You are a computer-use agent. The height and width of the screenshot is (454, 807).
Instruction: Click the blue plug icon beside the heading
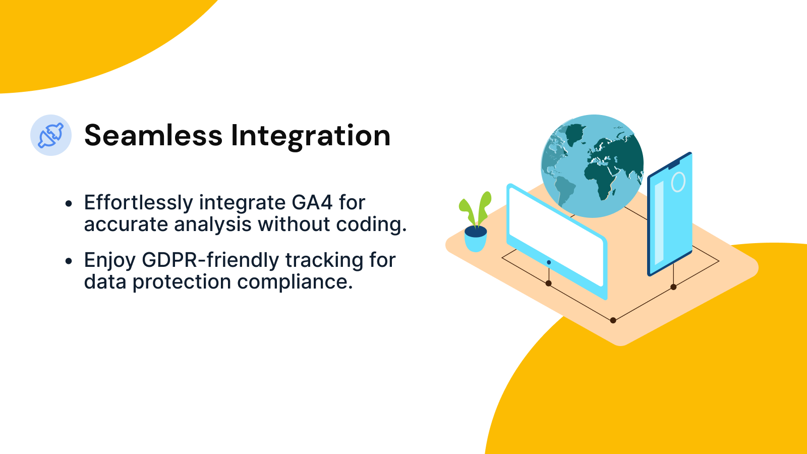click(x=51, y=135)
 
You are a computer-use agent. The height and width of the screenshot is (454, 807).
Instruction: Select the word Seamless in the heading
click(x=153, y=136)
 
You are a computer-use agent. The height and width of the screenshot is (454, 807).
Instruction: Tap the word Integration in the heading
click(x=310, y=136)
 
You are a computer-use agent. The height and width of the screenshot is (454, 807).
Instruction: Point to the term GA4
click(x=312, y=203)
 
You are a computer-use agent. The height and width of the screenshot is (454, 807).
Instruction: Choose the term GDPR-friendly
click(x=210, y=260)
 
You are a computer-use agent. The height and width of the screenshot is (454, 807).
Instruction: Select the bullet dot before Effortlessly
click(x=69, y=204)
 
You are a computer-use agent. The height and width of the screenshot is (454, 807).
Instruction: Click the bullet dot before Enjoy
click(x=69, y=261)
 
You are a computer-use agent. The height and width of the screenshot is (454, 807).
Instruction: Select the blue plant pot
click(x=475, y=240)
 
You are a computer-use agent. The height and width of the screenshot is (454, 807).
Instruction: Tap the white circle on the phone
click(x=678, y=182)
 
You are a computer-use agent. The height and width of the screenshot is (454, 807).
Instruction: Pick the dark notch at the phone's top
click(x=674, y=163)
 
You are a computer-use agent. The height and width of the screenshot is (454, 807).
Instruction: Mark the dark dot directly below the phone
click(x=673, y=287)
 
